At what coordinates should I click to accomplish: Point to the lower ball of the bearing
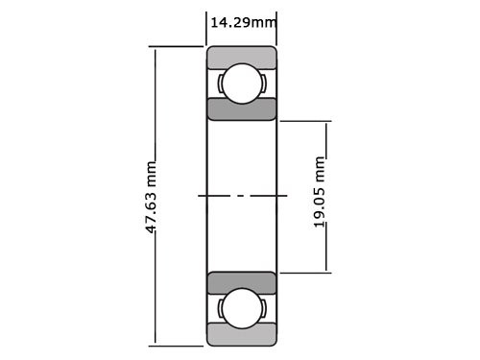tap(242, 309)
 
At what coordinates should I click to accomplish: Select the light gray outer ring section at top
tap(242, 57)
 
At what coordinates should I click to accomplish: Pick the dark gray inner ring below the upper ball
tap(242, 108)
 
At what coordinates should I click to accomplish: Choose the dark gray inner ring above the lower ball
tap(242, 283)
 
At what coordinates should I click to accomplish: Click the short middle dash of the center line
tap(242, 196)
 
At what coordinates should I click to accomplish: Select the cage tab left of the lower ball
tap(221, 309)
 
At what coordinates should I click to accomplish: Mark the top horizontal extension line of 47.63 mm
tap(178, 47)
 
